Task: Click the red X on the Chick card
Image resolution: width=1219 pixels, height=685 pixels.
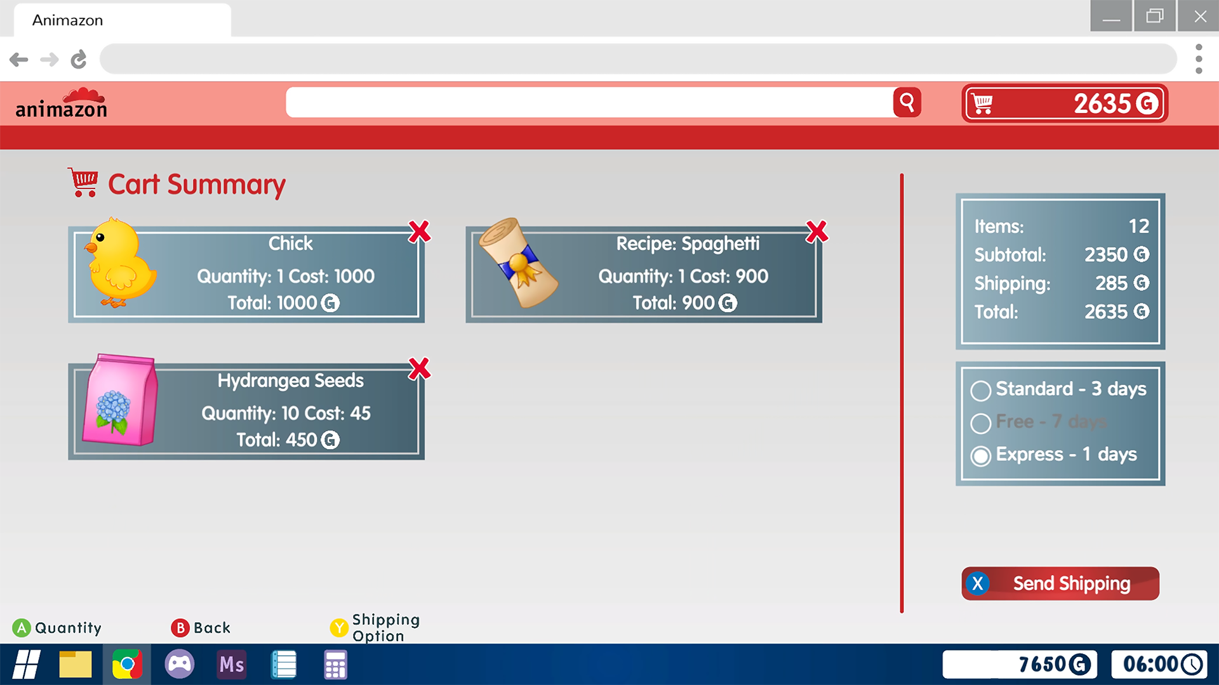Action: tap(419, 232)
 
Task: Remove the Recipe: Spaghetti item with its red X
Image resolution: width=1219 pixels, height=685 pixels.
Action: tap(816, 232)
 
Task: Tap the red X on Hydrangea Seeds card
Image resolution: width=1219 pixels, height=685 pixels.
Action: tap(419, 369)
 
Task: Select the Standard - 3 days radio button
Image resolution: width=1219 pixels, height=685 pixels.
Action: tap(980, 391)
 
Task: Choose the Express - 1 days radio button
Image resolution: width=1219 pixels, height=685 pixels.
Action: tap(980, 456)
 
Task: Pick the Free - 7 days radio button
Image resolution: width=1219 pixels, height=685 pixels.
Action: tap(980, 423)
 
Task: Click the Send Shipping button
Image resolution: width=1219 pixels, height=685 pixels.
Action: tap(1060, 584)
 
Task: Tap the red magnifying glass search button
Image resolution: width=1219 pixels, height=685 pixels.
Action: tap(907, 102)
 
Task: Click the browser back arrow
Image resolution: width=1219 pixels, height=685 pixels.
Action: tap(19, 60)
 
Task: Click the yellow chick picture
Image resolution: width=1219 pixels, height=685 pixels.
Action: tap(121, 263)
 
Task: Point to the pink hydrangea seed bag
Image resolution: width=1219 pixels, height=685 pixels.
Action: tap(120, 400)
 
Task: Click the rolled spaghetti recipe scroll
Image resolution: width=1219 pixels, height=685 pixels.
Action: tap(518, 263)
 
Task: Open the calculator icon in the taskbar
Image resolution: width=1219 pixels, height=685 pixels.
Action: tap(335, 665)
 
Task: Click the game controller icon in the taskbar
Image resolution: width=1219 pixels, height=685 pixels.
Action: tap(180, 665)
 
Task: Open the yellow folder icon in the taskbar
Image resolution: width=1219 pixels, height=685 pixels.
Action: tap(76, 665)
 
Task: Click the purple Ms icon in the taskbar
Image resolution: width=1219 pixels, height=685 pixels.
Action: tap(232, 665)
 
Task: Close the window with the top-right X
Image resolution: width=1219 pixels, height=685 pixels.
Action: tap(1199, 16)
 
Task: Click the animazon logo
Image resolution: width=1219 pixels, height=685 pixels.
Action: tap(62, 103)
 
